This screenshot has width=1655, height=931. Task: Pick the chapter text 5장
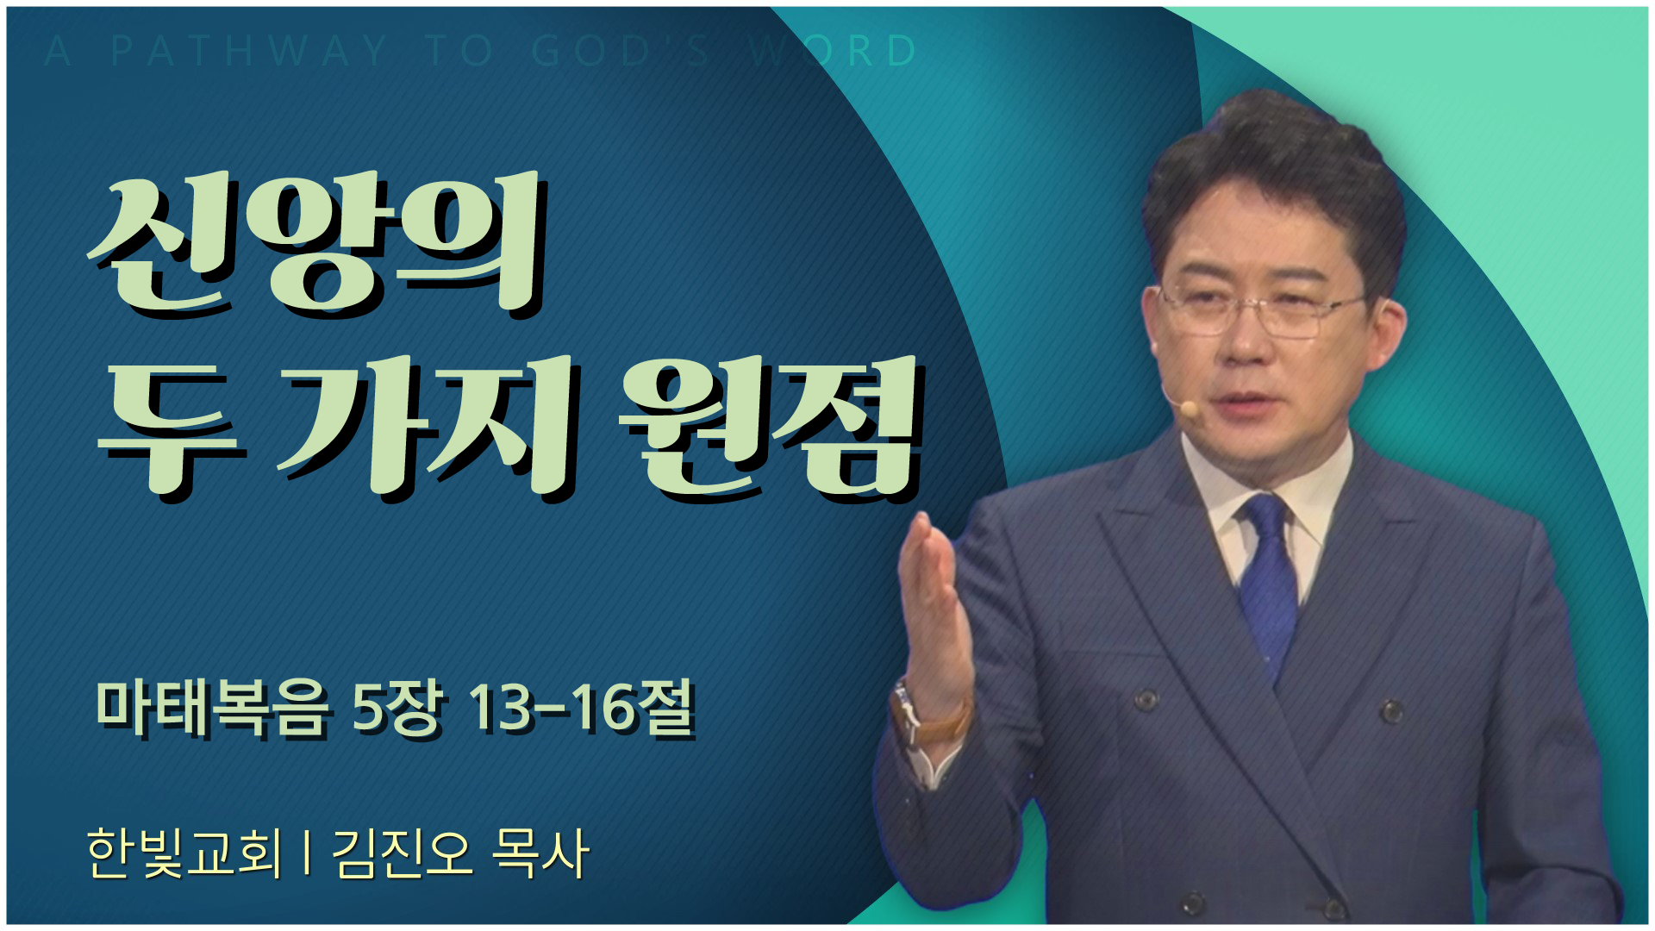pyautogui.click(x=399, y=709)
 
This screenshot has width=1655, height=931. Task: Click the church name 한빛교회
pyautogui.click(x=184, y=853)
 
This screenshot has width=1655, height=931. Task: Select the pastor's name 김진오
pyautogui.click(x=401, y=853)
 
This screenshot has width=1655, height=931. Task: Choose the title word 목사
pyautogui.click(x=540, y=853)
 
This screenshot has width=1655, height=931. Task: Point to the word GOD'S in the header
pyautogui.click(x=621, y=51)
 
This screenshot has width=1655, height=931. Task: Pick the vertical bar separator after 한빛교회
pyautogui.click(x=307, y=853)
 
